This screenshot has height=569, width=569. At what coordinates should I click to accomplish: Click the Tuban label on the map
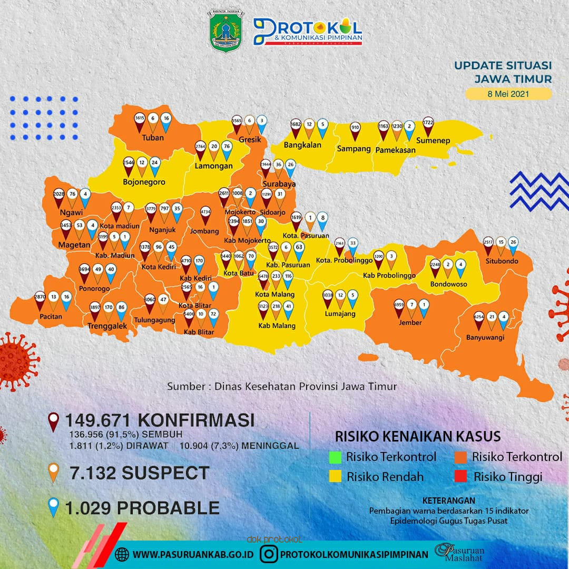coord(153,138)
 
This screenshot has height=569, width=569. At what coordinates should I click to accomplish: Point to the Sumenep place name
coord(433,141)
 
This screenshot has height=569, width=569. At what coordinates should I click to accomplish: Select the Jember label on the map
coord(410,322)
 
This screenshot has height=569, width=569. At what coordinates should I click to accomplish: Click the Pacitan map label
coord(51,317)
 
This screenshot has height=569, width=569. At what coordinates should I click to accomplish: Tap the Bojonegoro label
coord(144,182)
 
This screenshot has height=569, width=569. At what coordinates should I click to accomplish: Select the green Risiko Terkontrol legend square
coord(335,457)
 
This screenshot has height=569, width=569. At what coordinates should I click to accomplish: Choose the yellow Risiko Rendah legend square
coord(335,477)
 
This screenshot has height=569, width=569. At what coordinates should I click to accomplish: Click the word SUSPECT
coord(165,473)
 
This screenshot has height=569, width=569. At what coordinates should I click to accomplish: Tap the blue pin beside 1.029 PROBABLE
coord(53,508)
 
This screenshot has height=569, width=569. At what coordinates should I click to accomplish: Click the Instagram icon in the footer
coord(269,554)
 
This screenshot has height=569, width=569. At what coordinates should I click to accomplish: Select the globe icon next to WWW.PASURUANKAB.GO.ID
coord(122,554)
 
